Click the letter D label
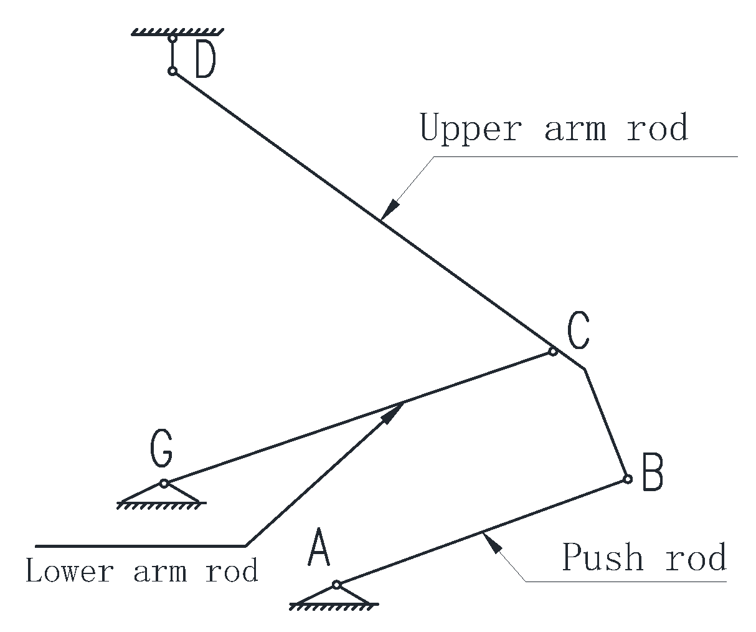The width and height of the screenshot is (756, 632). click(205, 60)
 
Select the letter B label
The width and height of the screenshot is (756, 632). click(652, 472)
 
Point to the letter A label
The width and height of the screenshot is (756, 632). click(319, 548)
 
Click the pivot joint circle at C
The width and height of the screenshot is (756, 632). click(552, 352)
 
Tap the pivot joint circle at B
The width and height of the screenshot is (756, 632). click(628, 479)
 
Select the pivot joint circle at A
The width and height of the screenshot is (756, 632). click(336, 585)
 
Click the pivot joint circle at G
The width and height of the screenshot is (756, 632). click(164, 483)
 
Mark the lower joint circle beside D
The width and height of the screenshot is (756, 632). click(172, 71)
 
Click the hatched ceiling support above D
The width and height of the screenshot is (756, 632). click(177, 31)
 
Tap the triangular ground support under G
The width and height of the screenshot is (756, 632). click(161, 496)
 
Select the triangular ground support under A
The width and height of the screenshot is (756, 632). click(334, 597)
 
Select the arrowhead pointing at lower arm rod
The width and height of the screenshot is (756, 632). click(393, 413)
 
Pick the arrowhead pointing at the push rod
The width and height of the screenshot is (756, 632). click(491, 542)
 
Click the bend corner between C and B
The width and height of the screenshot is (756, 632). click(584, 369)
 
